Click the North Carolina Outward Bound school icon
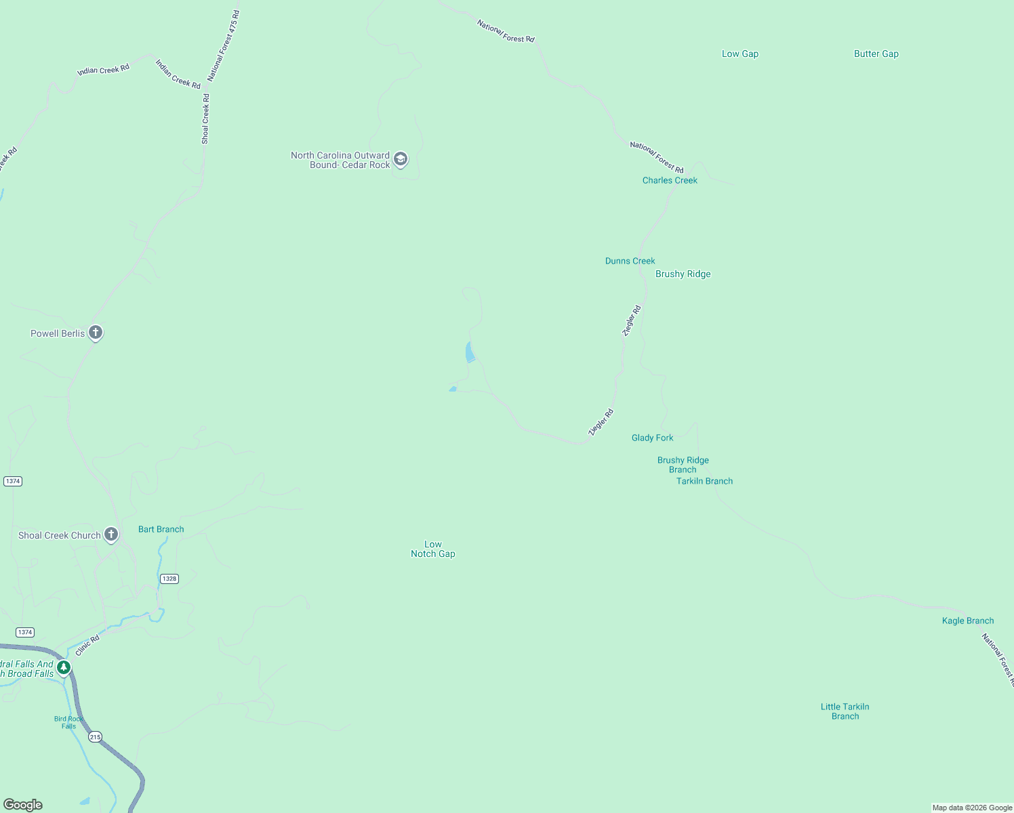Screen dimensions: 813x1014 401,160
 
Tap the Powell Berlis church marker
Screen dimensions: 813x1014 96,333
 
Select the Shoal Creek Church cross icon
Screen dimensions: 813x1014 111,535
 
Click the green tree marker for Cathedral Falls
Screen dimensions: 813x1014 64,668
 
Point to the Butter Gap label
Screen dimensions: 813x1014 876,54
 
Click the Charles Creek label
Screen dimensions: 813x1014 670,180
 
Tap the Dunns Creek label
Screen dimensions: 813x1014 630,261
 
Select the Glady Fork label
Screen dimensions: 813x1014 652,438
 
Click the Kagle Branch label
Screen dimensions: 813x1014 967,621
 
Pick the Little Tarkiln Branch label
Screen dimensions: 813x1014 845,711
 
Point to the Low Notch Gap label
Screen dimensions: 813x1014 432,549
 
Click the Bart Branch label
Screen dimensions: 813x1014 161,529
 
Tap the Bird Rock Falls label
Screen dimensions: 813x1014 68,722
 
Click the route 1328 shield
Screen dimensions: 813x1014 169,579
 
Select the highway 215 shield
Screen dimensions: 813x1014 95,736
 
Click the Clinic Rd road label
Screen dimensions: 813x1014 87,645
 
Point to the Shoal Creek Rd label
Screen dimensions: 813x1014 205,119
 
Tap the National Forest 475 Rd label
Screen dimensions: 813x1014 224,46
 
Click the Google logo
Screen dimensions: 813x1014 23,805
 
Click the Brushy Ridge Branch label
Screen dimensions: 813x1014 683,465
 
